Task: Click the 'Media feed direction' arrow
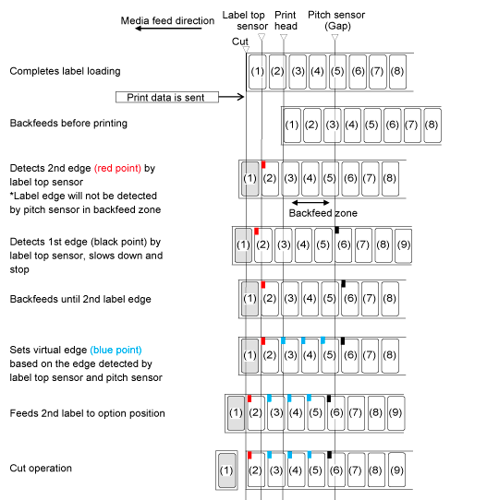(168, 29)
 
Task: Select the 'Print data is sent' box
(167, 97)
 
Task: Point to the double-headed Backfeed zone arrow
(310, 202)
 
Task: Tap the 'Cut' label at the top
(240, 42)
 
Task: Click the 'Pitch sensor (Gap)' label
(336, 20)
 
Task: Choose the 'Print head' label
(286, 20)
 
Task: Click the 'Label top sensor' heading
(245, 20)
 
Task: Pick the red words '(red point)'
(117, 168)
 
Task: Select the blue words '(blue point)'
(116, 350)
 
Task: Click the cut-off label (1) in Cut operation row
(226, 470)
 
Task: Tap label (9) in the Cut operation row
(396, 470)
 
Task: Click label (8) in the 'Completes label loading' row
(397, 71)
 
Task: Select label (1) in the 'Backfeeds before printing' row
(292, 125)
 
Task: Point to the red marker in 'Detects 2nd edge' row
(263, 164)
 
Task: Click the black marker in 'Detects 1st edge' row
(336, 230)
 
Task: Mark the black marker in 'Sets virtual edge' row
(343, 341)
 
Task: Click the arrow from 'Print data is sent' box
(232, 96)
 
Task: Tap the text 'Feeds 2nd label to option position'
(87, 413)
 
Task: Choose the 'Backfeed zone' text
(323, 213)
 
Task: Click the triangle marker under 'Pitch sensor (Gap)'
(335, 38)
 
